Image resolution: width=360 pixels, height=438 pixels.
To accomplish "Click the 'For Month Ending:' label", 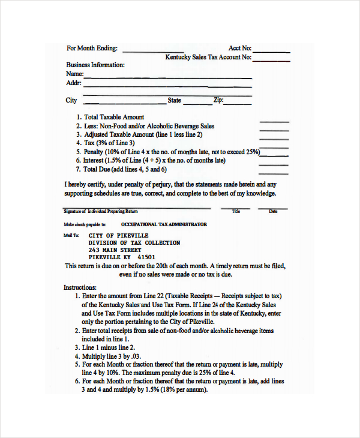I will pyautogui.click(x=92, y=49).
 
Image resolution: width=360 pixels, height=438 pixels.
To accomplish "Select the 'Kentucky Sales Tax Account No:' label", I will pyautogui.click(x=208, y=58).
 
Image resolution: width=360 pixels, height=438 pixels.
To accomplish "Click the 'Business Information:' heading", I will pyautogui.click(x=95, y=65).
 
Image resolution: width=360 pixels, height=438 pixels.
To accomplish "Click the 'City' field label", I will pyautogui.click(x=71, y=100).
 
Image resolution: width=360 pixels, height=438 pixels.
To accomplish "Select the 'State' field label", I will pyautogui.click(x=174, y=100).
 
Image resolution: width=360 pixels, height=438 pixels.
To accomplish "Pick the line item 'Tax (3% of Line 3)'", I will pyautogui.click(x=109, y=143).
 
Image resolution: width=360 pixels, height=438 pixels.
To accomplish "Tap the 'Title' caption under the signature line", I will pyautogui.click(x=236, y=211).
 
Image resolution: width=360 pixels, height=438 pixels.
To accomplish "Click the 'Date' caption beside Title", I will pyautogui.click(x=273, y=211).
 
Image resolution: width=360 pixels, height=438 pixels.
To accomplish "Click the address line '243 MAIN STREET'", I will pyautogui.click(x=115, y=250).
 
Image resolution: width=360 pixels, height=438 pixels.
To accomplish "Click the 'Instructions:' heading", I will pyautogui.click(x=80, y=288).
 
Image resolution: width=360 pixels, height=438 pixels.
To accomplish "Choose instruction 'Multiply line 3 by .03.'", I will pyautogui.click(x=112, y=356).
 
